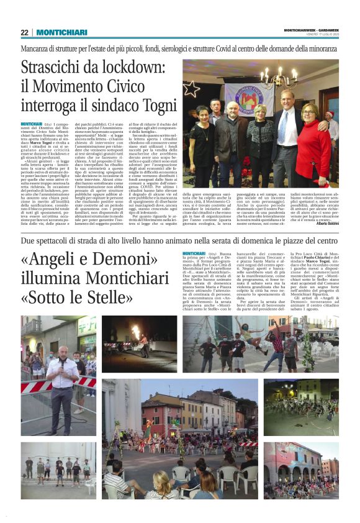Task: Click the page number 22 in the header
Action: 25,32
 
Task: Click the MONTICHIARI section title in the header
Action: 61,32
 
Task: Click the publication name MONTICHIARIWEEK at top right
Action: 298,29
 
